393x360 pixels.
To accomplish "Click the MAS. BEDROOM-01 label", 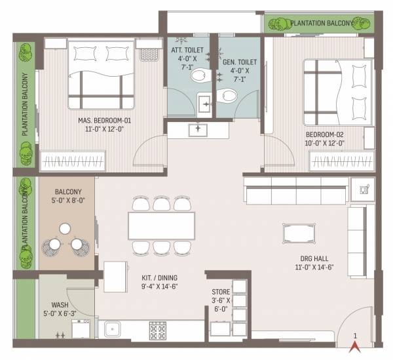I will point(105,125).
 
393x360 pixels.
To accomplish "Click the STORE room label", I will point(220,296).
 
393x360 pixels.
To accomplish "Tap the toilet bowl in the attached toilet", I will point(196,76).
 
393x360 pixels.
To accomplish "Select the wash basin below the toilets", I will point(197,130).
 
